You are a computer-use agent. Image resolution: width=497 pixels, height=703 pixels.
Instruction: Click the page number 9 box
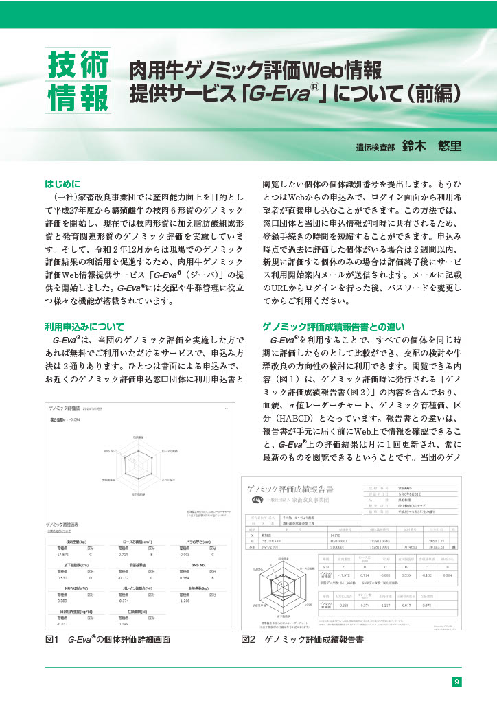(456, 682)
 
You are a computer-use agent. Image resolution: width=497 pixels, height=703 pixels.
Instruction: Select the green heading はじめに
(62, 183)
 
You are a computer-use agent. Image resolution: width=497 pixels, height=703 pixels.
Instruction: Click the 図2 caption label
(248, 639)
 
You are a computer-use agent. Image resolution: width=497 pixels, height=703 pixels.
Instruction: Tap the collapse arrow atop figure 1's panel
(227, 407)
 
